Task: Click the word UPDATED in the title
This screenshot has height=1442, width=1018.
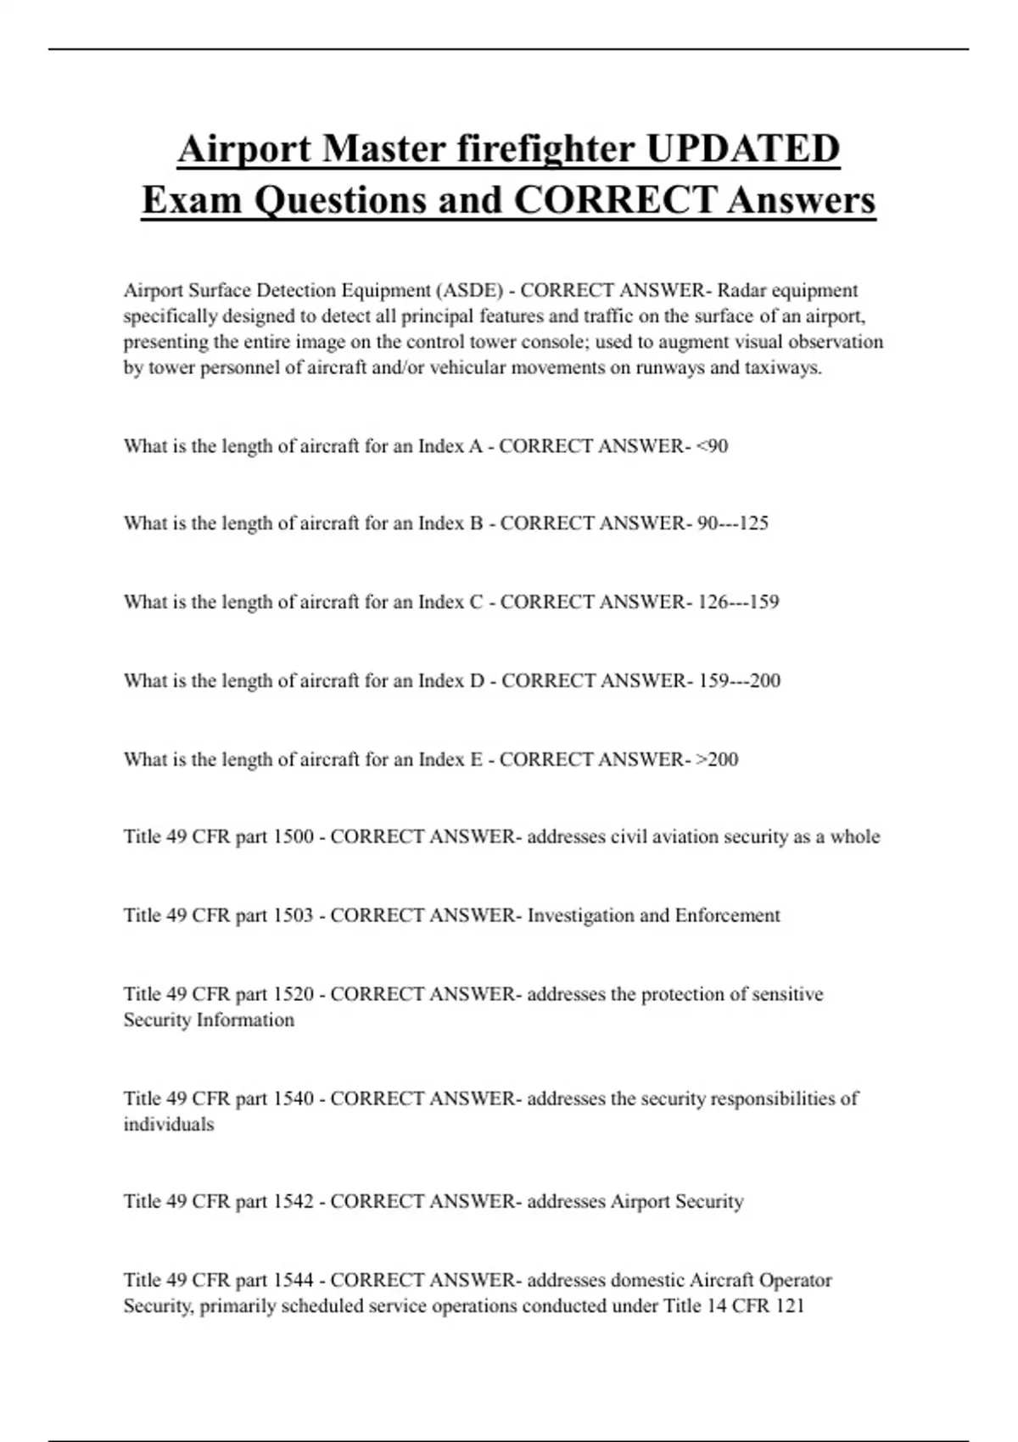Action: tap(742, 149)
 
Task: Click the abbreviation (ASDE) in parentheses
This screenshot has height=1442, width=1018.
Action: tap(468, 291)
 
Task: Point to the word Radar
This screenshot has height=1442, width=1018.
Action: tap(741, 291)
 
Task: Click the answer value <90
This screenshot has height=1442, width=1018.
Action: tap(712, 446)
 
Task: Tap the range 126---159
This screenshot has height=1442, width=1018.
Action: tap(738, 602)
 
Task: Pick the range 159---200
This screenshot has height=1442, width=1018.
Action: tap(739, 681)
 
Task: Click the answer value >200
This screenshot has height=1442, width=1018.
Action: tap(718, 759)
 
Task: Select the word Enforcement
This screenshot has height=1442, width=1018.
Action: tap(727, 916)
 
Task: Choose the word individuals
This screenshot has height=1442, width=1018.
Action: tap(169, 1125)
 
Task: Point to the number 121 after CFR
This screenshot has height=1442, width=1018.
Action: tap(790, 1306)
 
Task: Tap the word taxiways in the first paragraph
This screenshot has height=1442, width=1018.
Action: tap(786, 369)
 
